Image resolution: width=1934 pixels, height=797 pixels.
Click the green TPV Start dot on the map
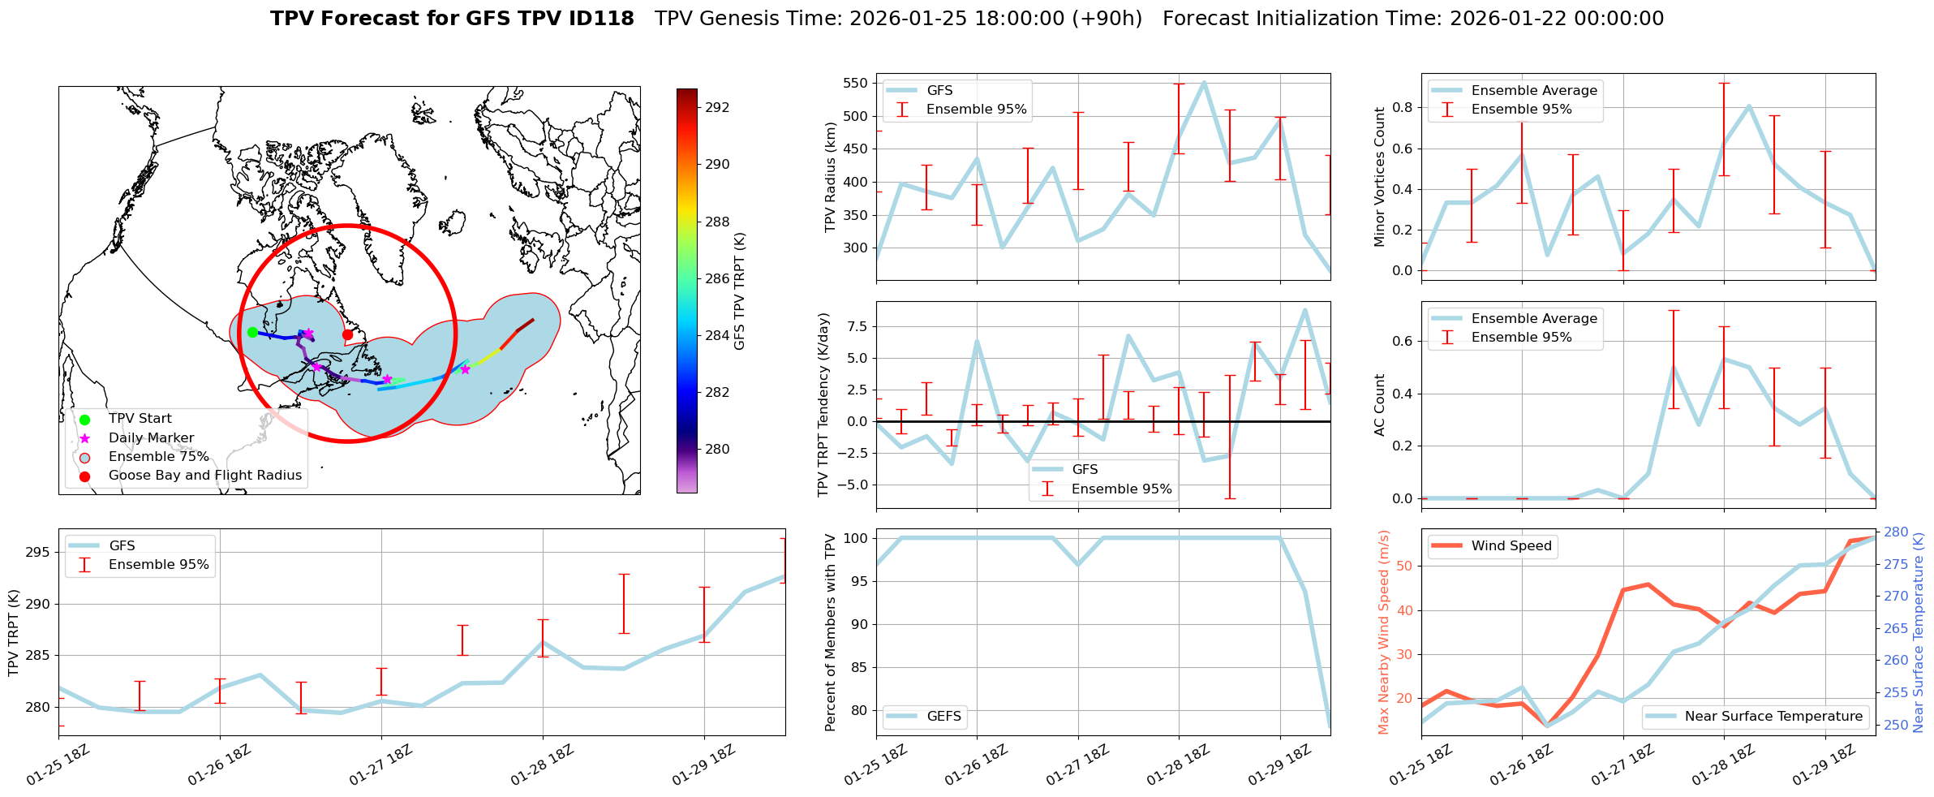coord(252,332)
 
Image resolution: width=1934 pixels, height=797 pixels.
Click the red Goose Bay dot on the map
coord(347,334)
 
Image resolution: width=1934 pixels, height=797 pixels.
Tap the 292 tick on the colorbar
coord(716,107)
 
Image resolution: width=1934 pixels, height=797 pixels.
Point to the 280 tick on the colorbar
coord(716,449)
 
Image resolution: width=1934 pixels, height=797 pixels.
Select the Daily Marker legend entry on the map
coord(151,438)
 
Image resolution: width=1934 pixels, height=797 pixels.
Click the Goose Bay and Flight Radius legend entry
coord(204,476)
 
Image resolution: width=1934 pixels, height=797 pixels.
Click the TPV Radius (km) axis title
coord(830,177)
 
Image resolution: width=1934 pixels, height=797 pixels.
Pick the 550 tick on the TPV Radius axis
coord(855,83)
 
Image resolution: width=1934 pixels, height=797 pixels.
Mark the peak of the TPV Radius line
coord(1204,82)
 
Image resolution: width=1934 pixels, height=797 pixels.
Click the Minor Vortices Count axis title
coord(1380,177)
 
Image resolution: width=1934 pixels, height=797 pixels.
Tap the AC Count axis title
coord(1380,405)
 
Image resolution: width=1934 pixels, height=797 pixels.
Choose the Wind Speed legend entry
coord(1511,546)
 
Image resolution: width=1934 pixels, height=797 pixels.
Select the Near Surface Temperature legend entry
coord(1773,717)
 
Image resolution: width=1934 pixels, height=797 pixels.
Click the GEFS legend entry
coord(943,717)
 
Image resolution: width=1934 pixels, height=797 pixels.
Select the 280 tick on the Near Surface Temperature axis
coord(1896,532)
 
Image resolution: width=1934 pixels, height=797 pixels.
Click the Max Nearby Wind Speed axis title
coord(1384,632)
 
